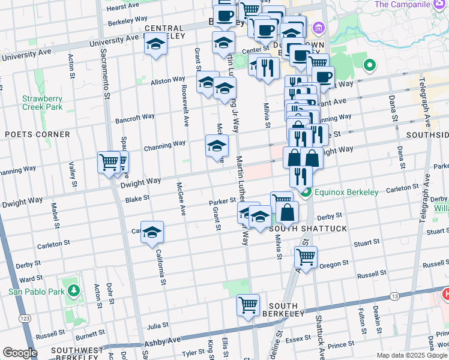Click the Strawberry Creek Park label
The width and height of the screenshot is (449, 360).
(42, 103)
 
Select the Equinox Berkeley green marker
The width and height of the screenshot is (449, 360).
(306, 193)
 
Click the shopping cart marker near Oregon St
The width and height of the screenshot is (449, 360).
(306, 257)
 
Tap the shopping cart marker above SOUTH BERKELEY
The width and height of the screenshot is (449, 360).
(247, 304)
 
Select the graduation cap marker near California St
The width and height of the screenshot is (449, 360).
(152, 232)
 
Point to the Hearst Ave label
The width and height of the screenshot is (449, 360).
(123, 7)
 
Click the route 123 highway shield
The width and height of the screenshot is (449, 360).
(25, 318)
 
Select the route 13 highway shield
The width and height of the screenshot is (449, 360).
(394, 296)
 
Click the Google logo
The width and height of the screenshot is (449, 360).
(20, 353)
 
